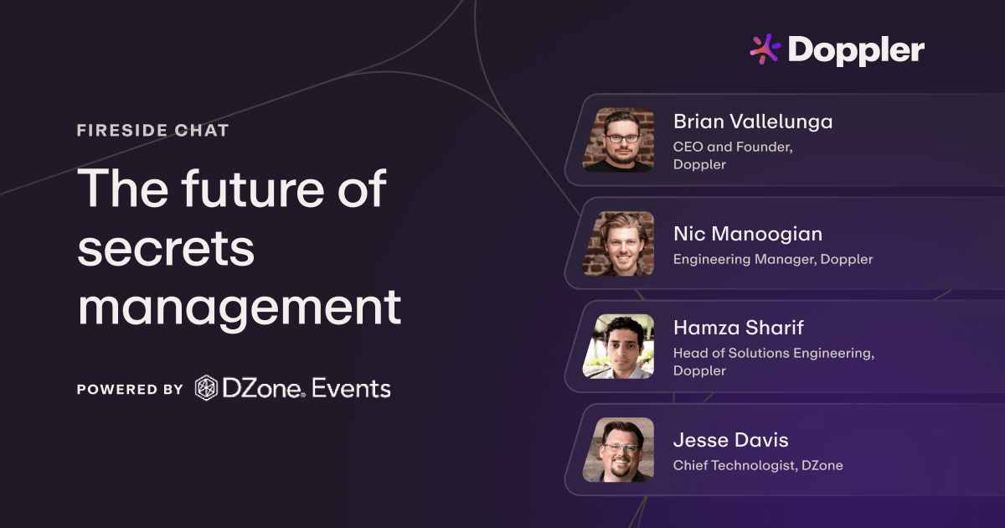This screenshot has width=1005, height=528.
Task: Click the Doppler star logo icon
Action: tap(765, 49)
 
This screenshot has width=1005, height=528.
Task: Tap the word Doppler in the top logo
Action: tap(856, 51)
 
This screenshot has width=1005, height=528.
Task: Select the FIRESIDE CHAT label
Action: tap(152, 131)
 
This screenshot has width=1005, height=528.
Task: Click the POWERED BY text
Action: tap(130, 390)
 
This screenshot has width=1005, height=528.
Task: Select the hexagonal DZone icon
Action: tap(206, 388)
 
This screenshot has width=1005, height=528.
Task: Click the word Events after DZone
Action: tap(352, 389)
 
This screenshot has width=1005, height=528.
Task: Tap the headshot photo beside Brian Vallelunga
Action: tap(618, 140)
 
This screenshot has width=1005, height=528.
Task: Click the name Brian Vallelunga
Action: tap(753, 122)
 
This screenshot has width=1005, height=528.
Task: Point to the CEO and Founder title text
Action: tap(733, 147)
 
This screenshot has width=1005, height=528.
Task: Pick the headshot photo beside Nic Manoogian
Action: tap(618, 243)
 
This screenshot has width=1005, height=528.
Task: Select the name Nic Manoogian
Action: tap(747, 234)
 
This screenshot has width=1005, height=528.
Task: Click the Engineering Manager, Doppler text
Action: tap(773, 259)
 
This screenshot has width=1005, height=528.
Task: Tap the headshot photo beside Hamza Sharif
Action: tap(618, 346)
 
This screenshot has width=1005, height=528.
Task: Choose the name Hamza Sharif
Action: tap(739, 328)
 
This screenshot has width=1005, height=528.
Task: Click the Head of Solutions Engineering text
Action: tap(773, 353)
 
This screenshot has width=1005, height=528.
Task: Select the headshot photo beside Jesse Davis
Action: tap(618, 449)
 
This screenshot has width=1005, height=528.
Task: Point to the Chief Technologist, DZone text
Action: tap(758, 465)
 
